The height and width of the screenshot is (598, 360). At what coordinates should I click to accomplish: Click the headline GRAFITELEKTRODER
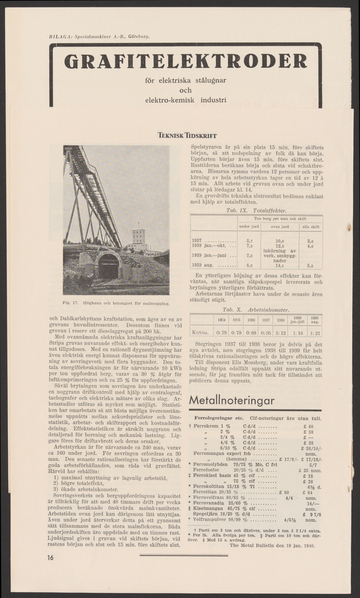coord(185,61)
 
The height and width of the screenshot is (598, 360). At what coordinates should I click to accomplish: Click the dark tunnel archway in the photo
coord(108,267)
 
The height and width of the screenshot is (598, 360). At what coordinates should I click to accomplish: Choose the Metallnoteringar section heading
coord(233,401)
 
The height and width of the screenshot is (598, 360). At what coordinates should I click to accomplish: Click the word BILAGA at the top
coord(58,36)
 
